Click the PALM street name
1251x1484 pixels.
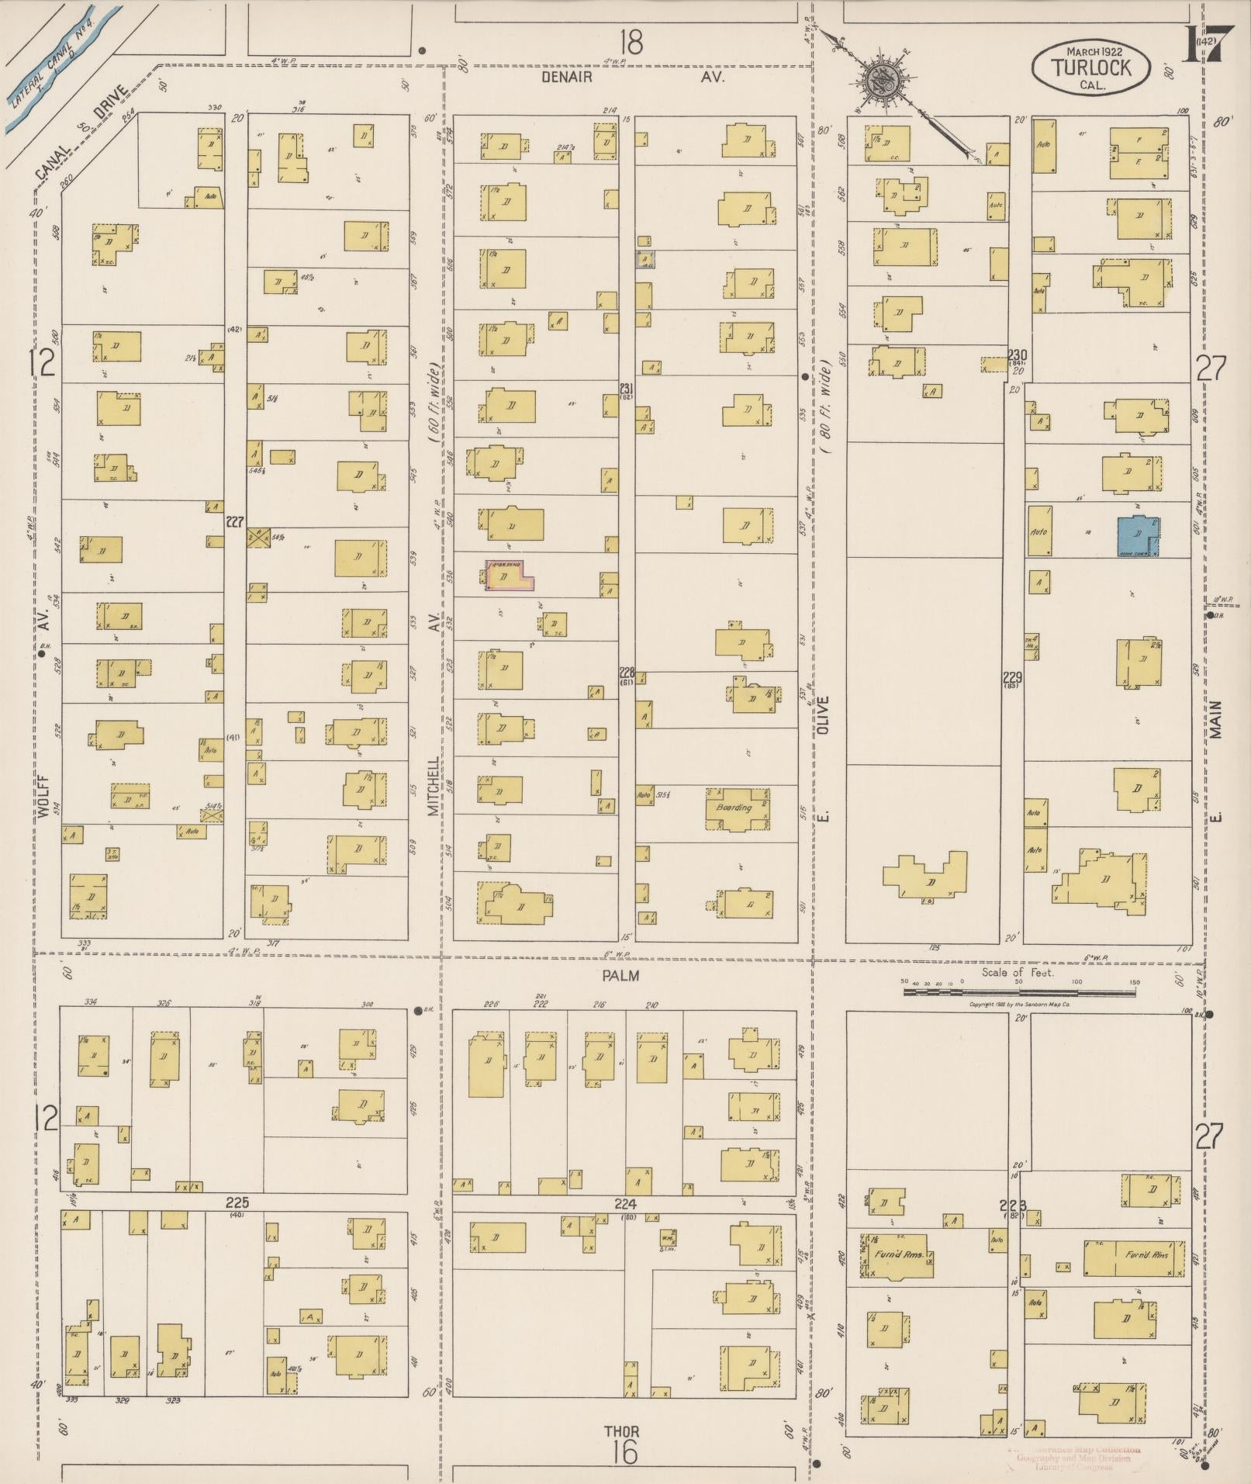[x=621, y=975]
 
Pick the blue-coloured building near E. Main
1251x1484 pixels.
[x=1138, y=536]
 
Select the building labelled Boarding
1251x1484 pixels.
[x=736, y=809]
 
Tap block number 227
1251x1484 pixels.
[x=235, y=522]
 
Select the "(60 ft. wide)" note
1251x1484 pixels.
[x=435, y=403]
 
